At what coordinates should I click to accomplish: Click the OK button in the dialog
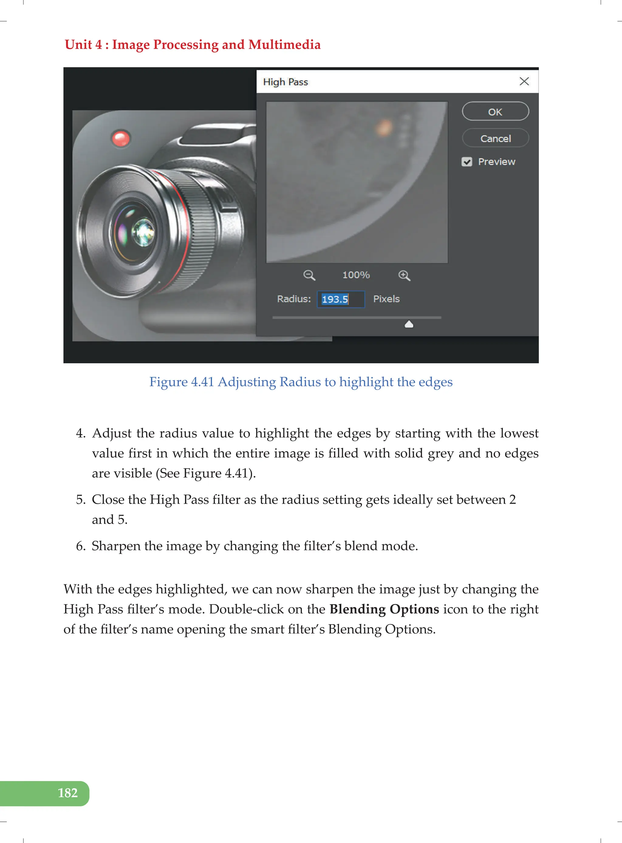495,112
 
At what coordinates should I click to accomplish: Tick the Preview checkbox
467,162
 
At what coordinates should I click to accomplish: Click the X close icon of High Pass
524,81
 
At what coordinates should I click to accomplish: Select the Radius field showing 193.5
340,299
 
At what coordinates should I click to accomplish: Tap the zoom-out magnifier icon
309,275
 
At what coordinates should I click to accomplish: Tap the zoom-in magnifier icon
404,275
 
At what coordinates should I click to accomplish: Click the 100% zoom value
356,275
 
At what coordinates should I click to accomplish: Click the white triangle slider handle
409,324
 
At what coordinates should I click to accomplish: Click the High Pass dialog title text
285,82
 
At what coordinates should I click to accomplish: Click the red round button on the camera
121,139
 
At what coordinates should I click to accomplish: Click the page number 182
68,793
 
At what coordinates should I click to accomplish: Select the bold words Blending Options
384,609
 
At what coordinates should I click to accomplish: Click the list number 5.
80,499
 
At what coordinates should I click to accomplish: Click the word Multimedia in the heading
284,44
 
